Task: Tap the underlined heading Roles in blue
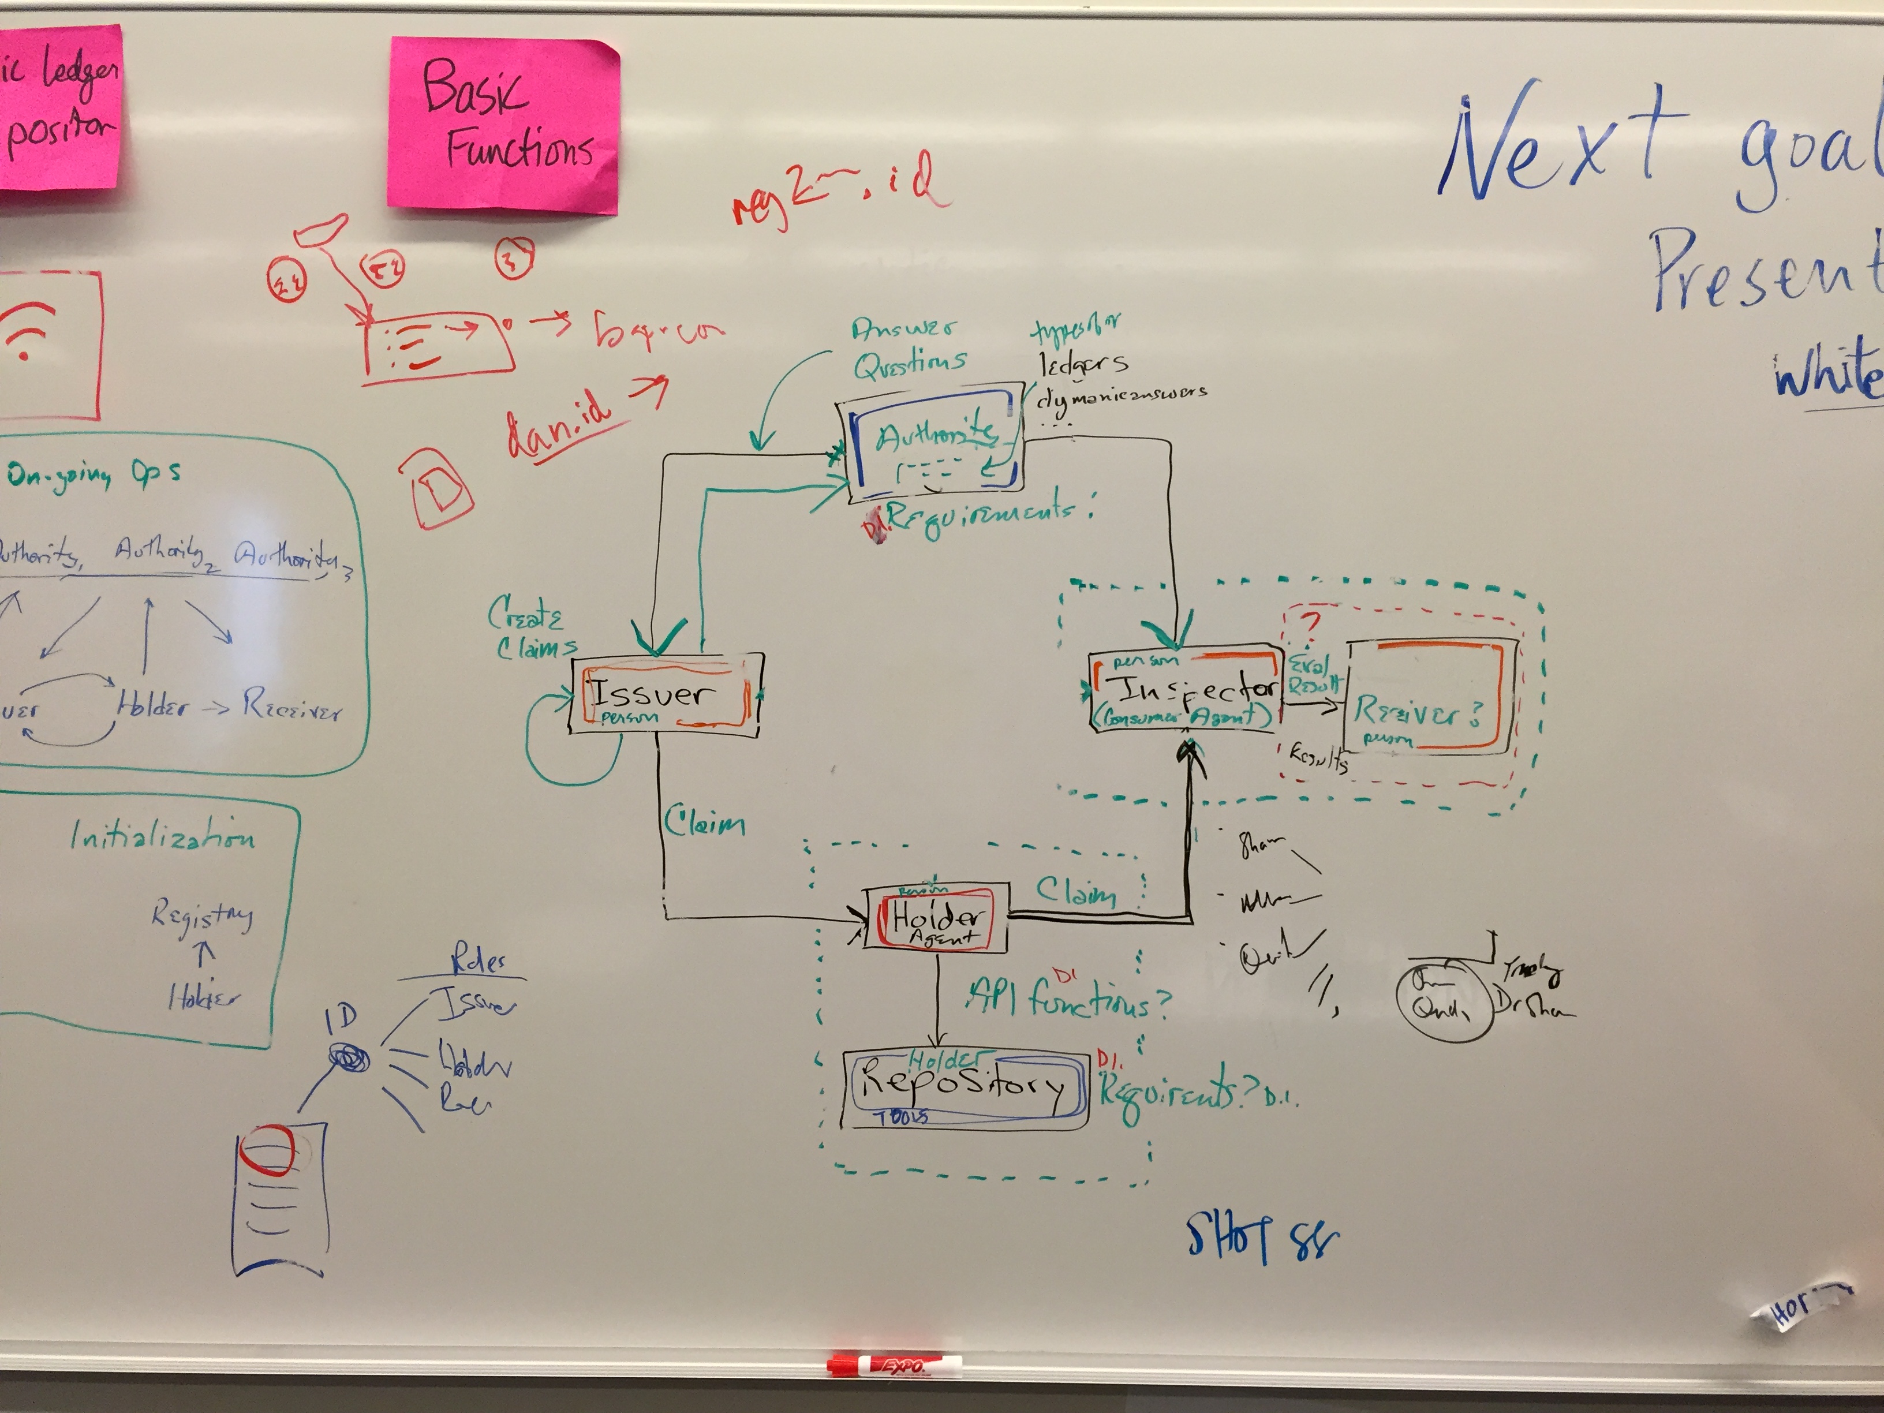click(478, 962)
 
